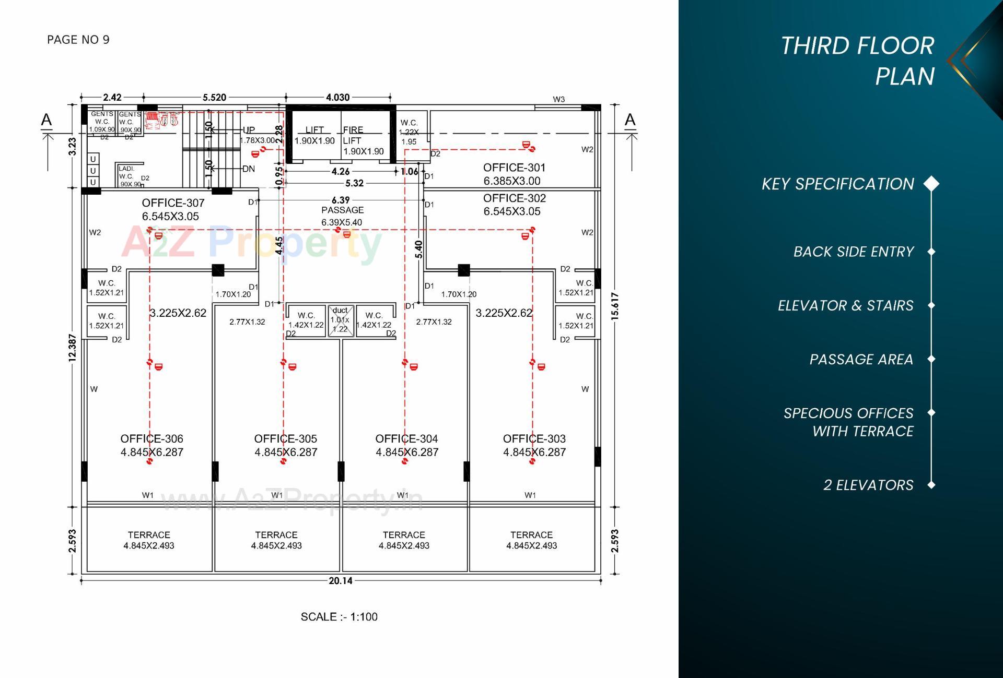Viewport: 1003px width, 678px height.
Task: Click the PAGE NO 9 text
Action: point(78,40)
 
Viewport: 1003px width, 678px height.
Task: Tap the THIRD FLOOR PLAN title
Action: point(857,61)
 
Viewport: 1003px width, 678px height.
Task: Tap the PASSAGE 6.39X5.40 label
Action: point(342,216)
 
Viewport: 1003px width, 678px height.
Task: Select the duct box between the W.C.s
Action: point(341,320)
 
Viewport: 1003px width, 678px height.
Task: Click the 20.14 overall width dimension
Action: point(340,580)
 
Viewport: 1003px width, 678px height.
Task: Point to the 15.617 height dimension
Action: point(615,306)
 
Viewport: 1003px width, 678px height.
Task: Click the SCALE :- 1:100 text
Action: point(339,616)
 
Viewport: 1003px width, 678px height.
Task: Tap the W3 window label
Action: point(558,99)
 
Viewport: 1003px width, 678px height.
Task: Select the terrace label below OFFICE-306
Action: point(149,540)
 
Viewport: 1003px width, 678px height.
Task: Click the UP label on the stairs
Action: point(249,129)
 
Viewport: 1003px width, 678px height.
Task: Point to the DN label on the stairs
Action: point(249,169)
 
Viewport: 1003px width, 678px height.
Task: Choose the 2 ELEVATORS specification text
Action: point(868,485)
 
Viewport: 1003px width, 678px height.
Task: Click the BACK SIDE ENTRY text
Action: point(854,252)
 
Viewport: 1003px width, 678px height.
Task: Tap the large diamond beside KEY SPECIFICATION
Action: point(931,184)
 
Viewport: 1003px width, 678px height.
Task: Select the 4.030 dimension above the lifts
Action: point(337,97)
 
